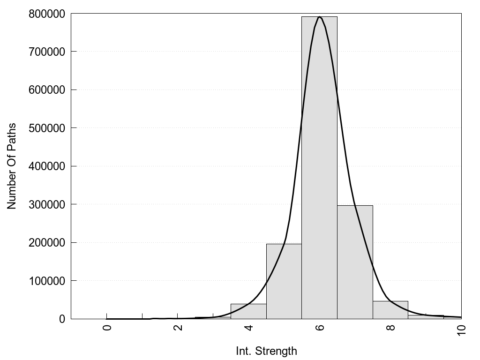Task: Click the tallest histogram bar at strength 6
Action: point(319,169)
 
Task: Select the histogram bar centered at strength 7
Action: point(355,262)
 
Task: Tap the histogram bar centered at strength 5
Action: point(284,281)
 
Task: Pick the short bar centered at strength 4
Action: point(248,311)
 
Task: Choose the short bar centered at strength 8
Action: point(390,310)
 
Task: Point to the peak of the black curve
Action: point(319,17)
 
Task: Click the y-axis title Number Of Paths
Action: point(12,166)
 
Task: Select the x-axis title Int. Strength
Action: point(266,351)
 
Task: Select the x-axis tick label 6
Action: point(320,327)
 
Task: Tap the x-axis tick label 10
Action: point(462,329)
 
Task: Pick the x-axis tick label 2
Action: point(178,327)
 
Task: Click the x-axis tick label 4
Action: point(249,327)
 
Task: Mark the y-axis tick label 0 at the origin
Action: point(62,319)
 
